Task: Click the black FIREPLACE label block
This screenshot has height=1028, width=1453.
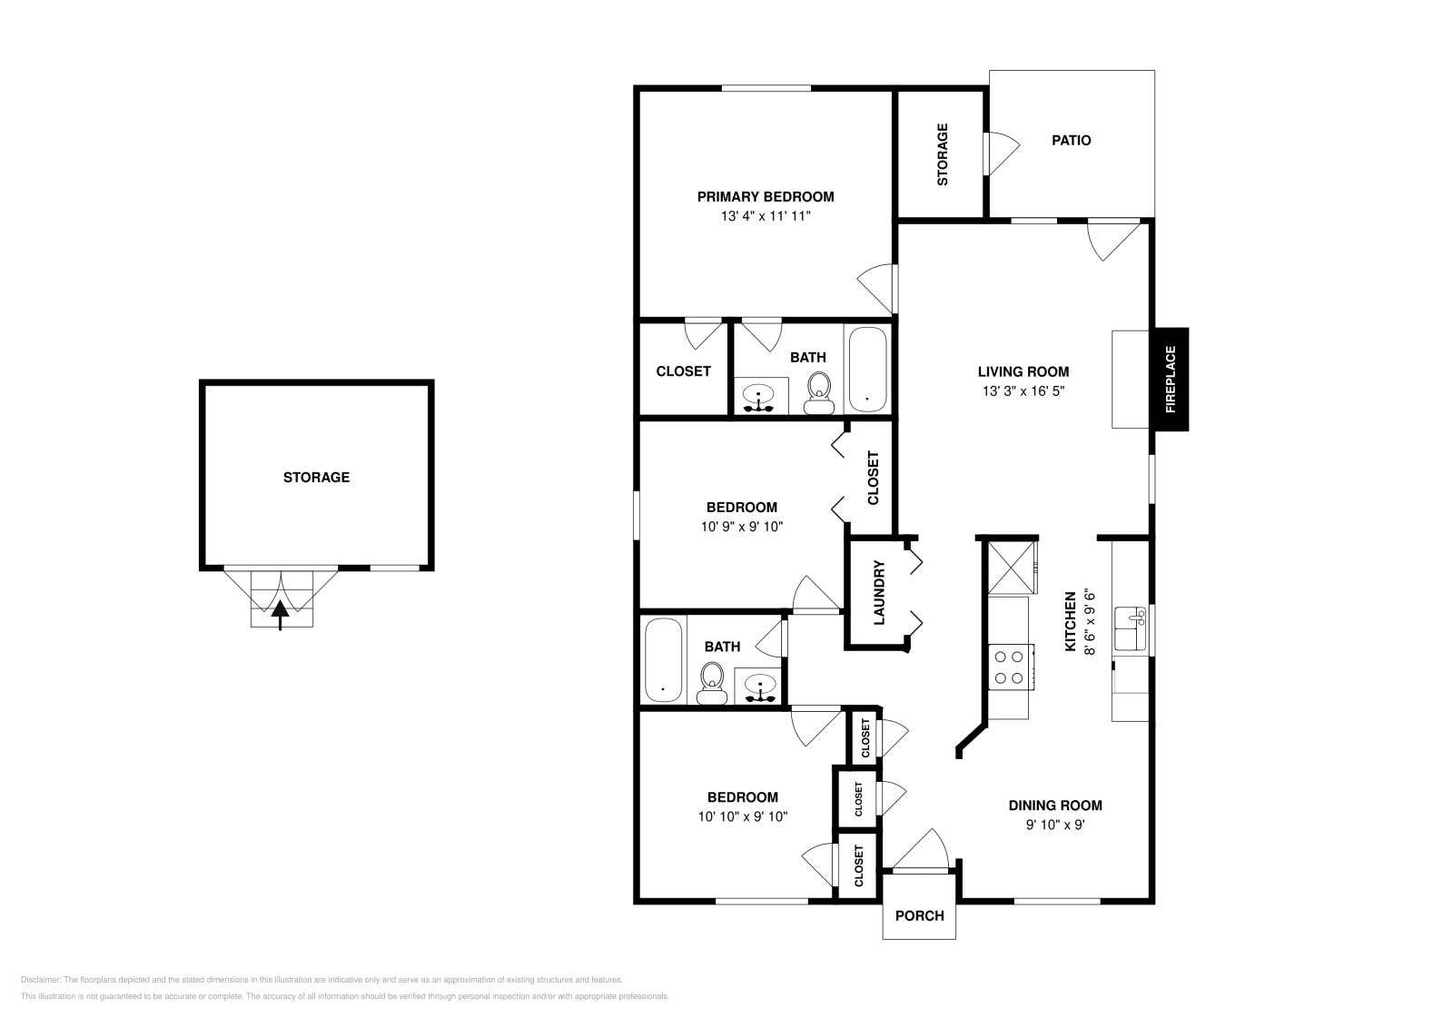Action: point(1170,379)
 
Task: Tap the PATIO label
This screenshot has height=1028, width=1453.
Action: point(1071,141)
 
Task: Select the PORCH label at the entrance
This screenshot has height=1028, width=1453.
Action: point(919,915)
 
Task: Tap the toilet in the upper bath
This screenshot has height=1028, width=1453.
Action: point(819,392)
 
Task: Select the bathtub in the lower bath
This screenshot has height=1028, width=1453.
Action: point(663,659)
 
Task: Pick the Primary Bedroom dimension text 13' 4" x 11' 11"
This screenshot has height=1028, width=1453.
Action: point(765,217)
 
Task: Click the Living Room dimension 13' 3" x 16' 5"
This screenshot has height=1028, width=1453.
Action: point(1023,391)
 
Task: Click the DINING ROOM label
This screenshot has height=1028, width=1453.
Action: point(1055,806)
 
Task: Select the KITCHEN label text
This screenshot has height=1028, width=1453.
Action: point(1071,622)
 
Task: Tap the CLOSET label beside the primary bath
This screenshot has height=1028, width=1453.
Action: point(683,371)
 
